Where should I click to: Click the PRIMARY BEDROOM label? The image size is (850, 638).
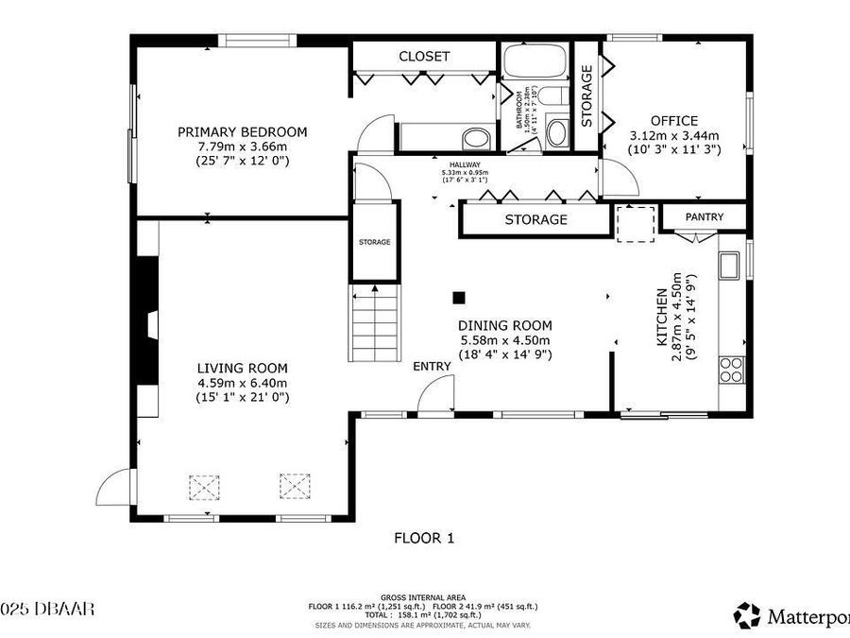(242, 132)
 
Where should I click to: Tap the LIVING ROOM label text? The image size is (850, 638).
(242, 368)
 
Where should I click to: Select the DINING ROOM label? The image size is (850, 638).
(505, 325)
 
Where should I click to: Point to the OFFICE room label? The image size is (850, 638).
(674, 121)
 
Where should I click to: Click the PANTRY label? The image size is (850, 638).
(704, 217)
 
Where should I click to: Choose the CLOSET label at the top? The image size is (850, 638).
(424, 57)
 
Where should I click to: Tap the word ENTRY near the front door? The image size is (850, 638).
(432, 367)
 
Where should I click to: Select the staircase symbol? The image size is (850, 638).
(376, 319)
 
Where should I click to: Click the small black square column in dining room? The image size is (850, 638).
(459, 298)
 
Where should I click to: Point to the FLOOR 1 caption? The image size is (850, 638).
(424, 538)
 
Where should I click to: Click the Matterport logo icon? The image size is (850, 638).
(747, 615)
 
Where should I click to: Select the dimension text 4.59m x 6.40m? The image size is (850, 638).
(242, 383)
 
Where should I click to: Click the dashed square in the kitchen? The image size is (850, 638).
(635, 224)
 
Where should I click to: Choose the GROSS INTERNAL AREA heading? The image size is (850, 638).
(422, 597)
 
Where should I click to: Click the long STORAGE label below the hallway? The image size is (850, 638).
(535, 219)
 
